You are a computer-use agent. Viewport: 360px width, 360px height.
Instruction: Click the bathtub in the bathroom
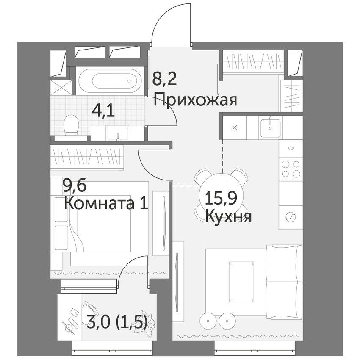pos(108,80)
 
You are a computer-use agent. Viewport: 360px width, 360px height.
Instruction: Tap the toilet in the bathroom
pos(71,125)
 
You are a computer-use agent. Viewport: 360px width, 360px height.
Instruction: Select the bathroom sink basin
pos(118,133)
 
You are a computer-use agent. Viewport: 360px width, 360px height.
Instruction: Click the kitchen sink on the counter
pos(271,127)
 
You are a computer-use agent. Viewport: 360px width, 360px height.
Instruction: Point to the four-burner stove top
pos(291,169)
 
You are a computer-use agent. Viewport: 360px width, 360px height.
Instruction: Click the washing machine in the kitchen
pos(291,217)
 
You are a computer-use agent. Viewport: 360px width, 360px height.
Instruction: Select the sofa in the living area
pos(284,282)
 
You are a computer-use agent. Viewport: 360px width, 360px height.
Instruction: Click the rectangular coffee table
pos(242,282)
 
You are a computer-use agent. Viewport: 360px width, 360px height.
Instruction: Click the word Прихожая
pos(195,100)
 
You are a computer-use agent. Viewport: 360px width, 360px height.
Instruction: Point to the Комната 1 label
pos(106,203)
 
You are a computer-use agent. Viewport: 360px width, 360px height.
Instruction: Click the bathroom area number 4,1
pos(103,111)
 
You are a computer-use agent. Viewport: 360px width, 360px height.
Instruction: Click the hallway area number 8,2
pos(165,79)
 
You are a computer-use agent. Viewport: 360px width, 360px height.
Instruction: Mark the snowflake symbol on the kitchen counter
pos(234,127)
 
